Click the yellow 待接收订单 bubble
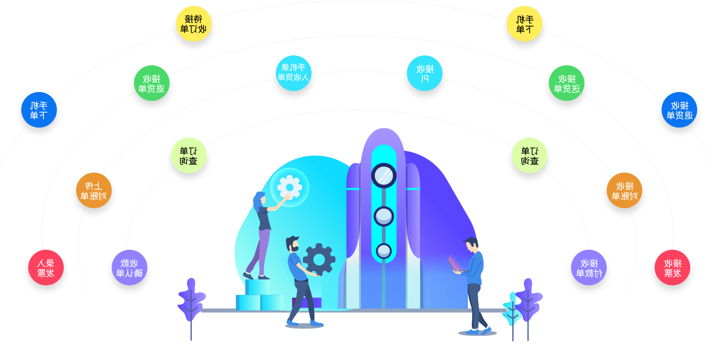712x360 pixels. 194,24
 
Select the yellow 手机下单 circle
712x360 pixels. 524,24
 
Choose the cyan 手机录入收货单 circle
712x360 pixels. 293,72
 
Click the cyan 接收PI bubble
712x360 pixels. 425,73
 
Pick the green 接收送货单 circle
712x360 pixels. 567,83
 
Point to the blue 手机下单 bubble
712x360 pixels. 39,110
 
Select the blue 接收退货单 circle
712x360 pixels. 679,110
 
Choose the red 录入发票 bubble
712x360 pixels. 45,267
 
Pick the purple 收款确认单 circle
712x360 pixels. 129,267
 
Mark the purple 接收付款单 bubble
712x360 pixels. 588,267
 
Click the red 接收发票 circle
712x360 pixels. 672,267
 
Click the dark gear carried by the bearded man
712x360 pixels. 319,260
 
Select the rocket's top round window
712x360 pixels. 383,175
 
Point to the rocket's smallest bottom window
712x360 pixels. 383,251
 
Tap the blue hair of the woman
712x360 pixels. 258,201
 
